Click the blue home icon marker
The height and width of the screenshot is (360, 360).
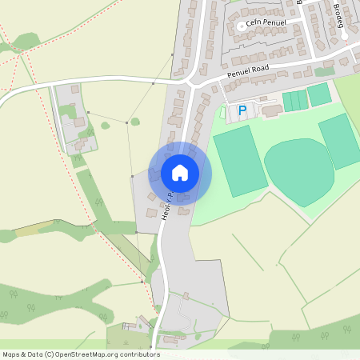coord(180,172)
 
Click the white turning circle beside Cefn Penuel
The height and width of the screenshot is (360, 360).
coord(241,26)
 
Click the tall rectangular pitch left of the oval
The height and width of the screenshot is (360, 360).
coord(237,160)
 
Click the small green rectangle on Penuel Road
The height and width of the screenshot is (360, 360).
coord(322,71)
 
